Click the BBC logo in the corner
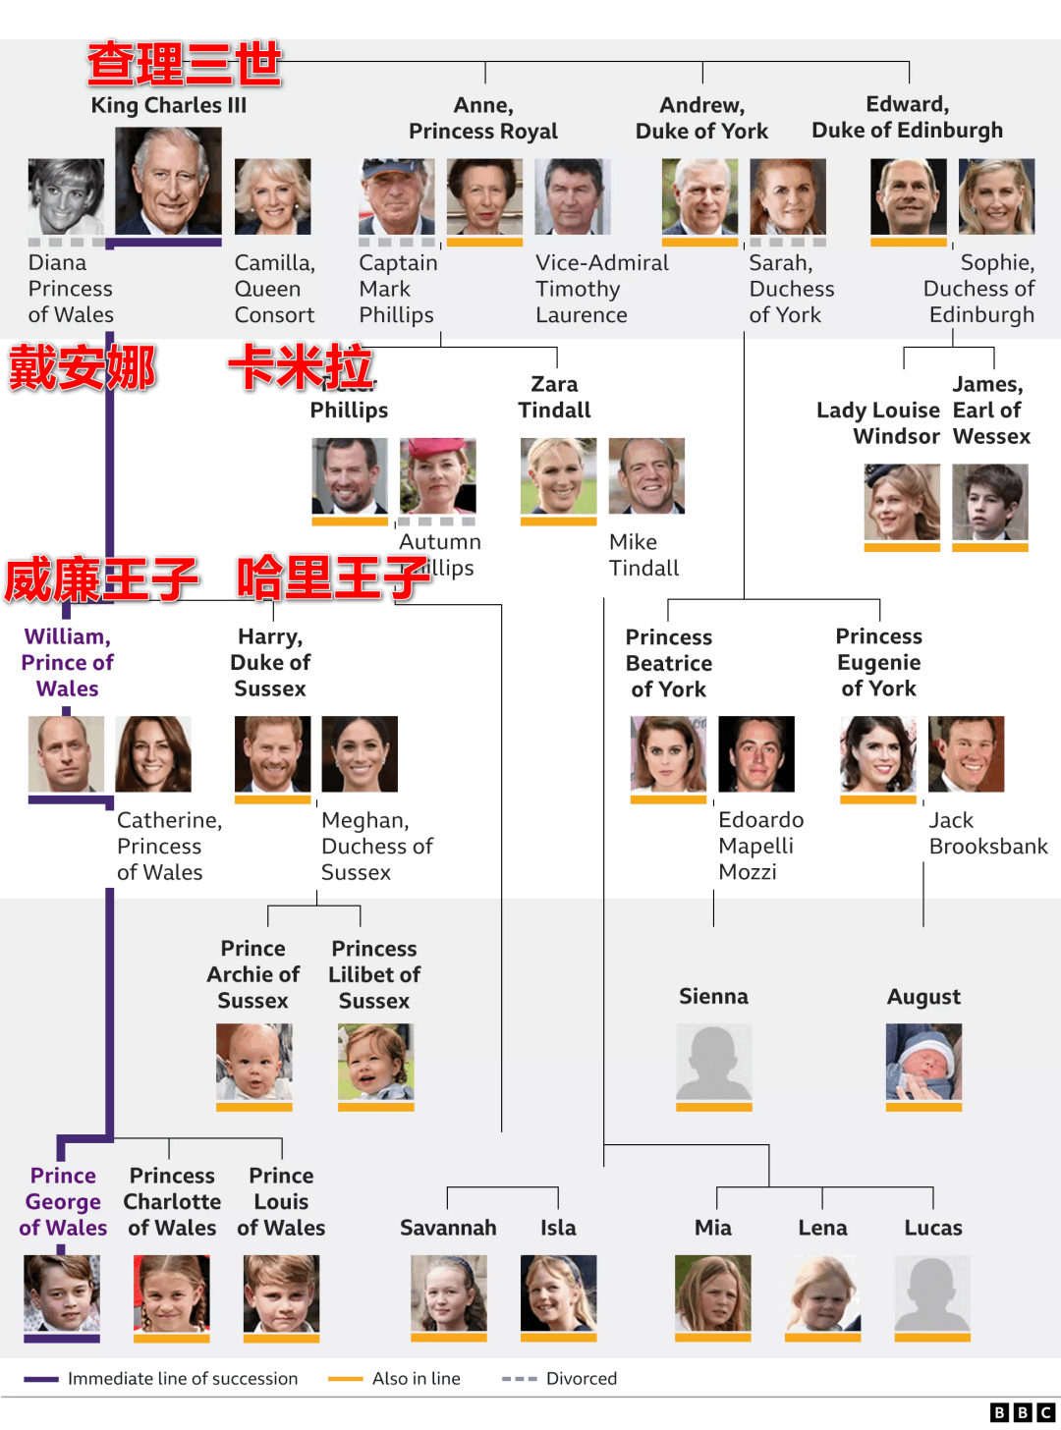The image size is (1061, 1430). tap(1022, 1412)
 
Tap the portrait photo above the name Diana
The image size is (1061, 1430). tap(66, 196)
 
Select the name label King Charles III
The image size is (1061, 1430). tap(169, 105)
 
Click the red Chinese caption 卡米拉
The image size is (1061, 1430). tap(301, 368)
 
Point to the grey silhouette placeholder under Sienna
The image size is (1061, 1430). tap(714, 1062)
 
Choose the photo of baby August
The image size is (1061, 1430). tap(923, 1062)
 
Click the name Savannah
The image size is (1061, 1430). tap(448, 1228)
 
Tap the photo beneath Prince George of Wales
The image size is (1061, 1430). tap(62, 1292)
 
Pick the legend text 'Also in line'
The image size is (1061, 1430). tap(417, 1379)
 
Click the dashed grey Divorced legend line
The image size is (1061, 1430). tap(519, 1379)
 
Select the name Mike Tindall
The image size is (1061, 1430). tap(643, 555)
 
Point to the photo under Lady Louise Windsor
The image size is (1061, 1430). tap(902, 502)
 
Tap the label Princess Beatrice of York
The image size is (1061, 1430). tap(669, 663)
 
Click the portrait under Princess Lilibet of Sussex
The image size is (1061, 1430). tap(375, 1062)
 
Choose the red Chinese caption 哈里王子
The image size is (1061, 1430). tap(334, 577)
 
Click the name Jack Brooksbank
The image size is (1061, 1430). tap(987, 833)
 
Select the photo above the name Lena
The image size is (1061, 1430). tap(823, 1292)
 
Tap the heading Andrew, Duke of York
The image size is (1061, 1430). tap(701, 118)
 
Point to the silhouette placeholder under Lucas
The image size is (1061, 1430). tap(932, 1292)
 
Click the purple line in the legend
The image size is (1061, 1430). tap(41, 1379)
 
